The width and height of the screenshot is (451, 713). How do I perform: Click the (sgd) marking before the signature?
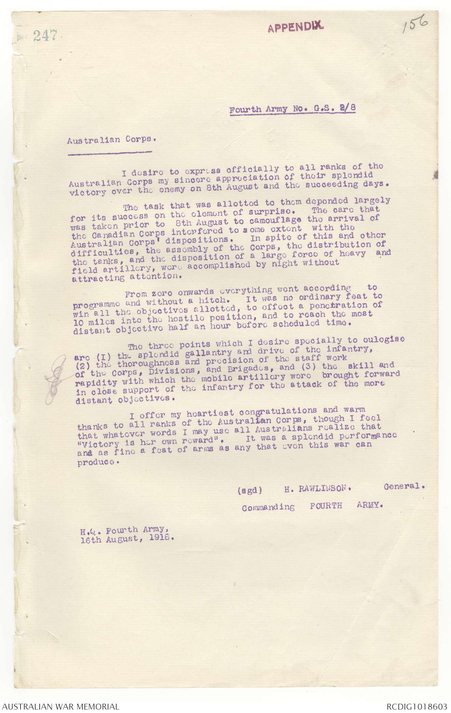[x=250, y=490]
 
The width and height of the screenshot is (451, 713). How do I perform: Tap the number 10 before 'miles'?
[x=79, y=322]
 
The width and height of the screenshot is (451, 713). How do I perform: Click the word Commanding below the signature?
[x=268, y=507]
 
